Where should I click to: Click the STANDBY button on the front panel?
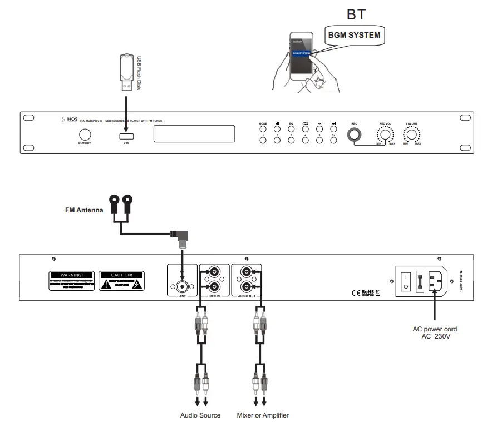[x=85, y=134]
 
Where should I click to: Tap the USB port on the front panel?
[x=126, y=136]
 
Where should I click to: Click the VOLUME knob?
[x=411, y=135]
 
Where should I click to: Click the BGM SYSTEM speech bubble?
[x=354, y=36]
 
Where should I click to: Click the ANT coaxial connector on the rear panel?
[x=182, y=287]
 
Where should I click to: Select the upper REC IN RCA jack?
[x=214, y=272]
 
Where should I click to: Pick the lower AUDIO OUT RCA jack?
[x=246, y=287]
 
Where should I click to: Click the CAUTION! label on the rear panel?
[x=121, y=275]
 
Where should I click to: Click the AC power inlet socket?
[x=436, y=281]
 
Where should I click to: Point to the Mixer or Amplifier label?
[x=263, y=415]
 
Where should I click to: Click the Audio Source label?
[x=200, y=415]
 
